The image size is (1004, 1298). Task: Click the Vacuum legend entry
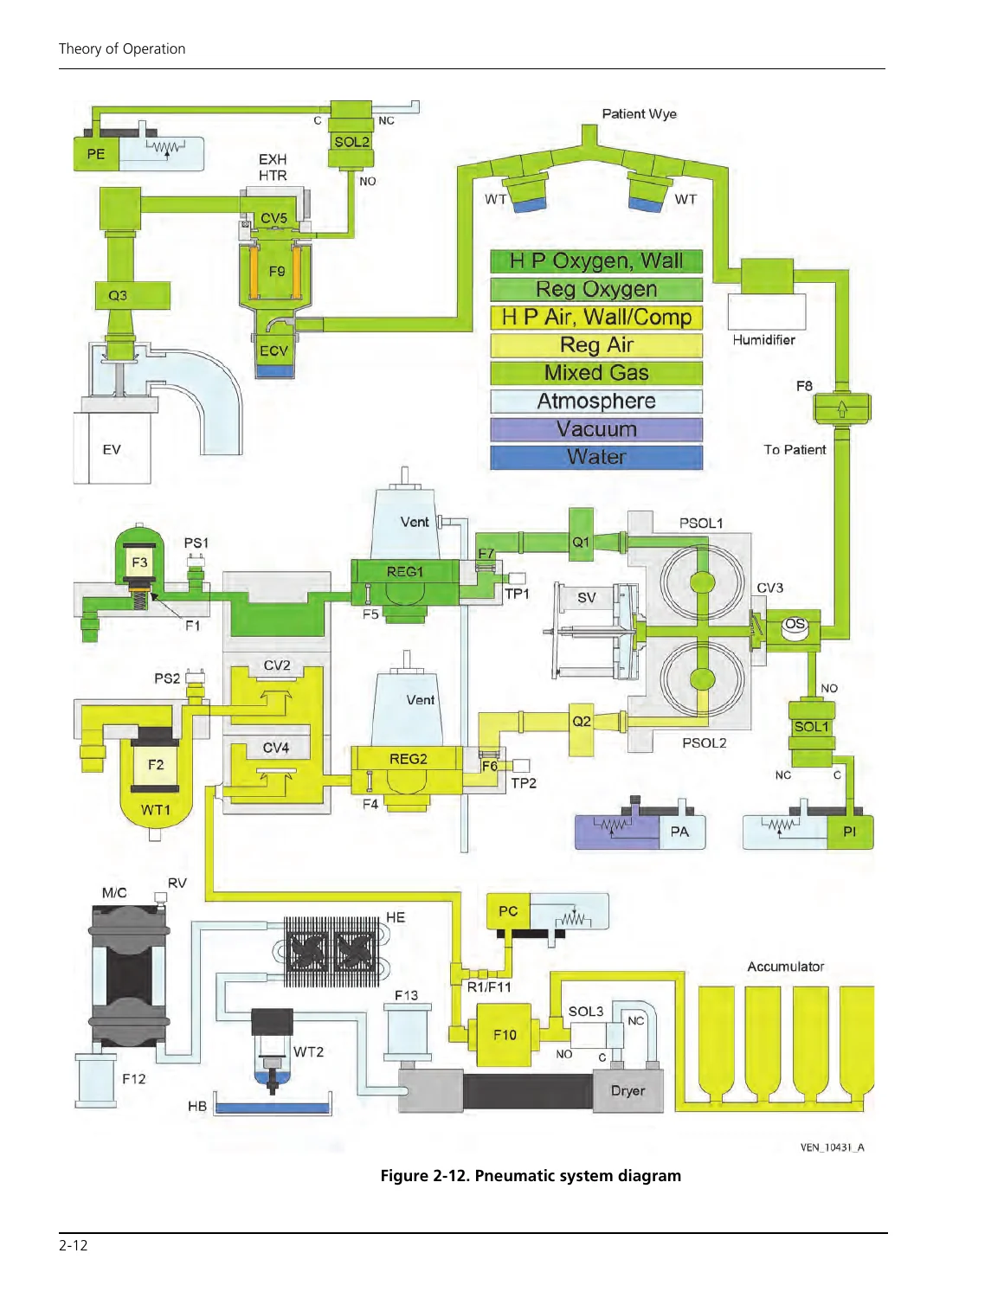click(x=596, y=429)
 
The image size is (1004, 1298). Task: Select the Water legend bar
click(x=596, y=457)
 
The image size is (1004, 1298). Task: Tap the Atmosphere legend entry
click(x=596, y=401)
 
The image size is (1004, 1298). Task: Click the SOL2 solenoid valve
click(x=351, y=135)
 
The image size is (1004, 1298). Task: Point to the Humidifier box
click(x=766, y=312)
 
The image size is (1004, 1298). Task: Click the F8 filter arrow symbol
click(x=841, y=408)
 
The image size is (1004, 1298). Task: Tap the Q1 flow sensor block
click(x=581, y=534)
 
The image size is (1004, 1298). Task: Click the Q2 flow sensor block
click(x=581, y=722)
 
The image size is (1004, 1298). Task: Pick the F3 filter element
click(x=139, y=563)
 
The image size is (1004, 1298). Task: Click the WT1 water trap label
click(x=155, y=810)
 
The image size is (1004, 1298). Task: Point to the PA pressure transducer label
click(x=679, y=832)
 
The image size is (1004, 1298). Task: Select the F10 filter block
click(x=504, y=1035)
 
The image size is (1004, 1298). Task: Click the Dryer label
click(x=627, y=1090)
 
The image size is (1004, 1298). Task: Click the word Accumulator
click(x=785, y=967)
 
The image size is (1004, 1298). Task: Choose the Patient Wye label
click(x=639, y=113)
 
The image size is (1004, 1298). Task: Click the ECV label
click(x=274, y=350)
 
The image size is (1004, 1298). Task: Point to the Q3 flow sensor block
click(x=132, y=296)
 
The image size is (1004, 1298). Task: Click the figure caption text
click(x=531, y=1175)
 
